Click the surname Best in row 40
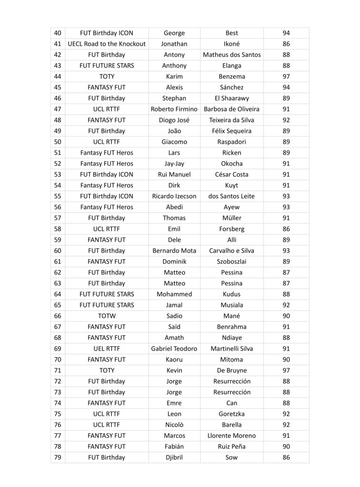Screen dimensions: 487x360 (x=232, y=33)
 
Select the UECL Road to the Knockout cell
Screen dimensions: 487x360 (x=107, y=44)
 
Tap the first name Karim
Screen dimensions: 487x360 (x=174, y=76)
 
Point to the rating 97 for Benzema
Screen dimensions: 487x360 (x=286, y=76)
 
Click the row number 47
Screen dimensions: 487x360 (x=58, y=109)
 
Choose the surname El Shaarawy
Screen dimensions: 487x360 (x=232, y=98)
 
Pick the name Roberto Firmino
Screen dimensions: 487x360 (x=174, y=109)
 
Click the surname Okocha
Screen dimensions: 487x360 (x=232, y=163)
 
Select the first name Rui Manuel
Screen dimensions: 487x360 (x=174, y=174)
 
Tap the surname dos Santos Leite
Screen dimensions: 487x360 (x=232, y=196)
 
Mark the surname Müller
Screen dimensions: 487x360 (x=232, y=218)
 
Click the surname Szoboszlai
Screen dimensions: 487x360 (x=232, y=261)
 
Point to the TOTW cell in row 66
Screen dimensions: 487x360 (x=107, y=316)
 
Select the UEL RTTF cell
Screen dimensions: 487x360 (x=107, y=349)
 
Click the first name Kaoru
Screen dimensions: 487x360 (x=174, y=360)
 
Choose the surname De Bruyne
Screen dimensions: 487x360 (x=232, y=370)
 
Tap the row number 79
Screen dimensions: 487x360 (x=58, y=458)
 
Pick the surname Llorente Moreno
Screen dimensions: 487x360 (x=232, y=436)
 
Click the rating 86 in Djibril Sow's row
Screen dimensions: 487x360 (x=286, y=458)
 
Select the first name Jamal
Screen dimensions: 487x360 (x=174, y=305)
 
